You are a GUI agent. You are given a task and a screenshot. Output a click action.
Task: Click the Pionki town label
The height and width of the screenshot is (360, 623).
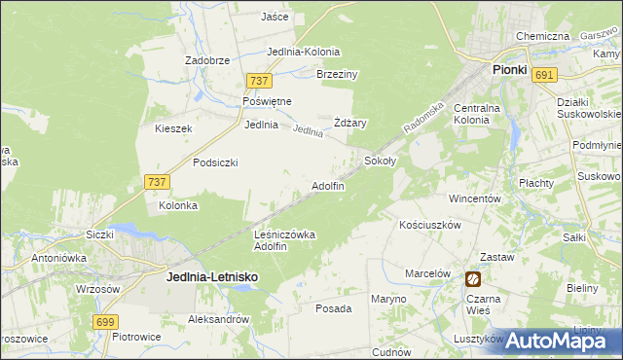pos(509,70)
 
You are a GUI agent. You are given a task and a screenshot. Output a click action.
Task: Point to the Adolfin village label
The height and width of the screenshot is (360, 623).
pos(327,185)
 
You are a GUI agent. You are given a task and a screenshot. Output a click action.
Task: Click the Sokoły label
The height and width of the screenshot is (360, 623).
pos(380,160)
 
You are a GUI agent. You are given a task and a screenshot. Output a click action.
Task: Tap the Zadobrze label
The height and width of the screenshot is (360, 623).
pos(207,59)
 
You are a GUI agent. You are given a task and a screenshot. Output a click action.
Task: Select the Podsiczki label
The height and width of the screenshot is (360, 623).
pos(215,162)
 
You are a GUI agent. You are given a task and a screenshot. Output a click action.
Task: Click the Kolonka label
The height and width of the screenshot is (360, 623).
pos(179,205)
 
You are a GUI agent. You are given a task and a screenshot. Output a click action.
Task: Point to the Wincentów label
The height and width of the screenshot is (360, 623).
pos(474,198)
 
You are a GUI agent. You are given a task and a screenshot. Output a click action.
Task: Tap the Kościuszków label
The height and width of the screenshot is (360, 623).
pos(429,224)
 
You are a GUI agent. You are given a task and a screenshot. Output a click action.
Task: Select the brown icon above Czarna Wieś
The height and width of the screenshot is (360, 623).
pos(473,279)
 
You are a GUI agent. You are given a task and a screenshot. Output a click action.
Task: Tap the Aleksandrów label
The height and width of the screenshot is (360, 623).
pos(219,319)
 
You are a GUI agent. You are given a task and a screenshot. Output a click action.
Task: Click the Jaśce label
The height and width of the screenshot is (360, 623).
pos(275,17)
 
